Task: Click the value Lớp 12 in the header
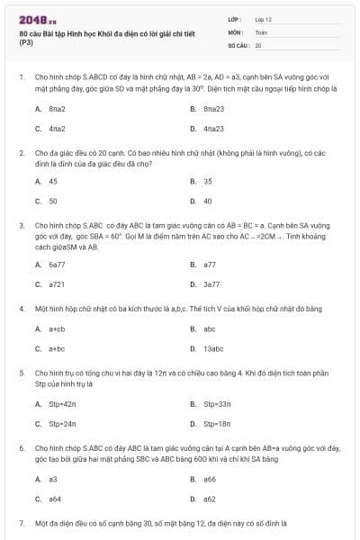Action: click(263, 18)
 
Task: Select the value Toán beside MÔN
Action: click(261, 31)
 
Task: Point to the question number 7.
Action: click(20, 522)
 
